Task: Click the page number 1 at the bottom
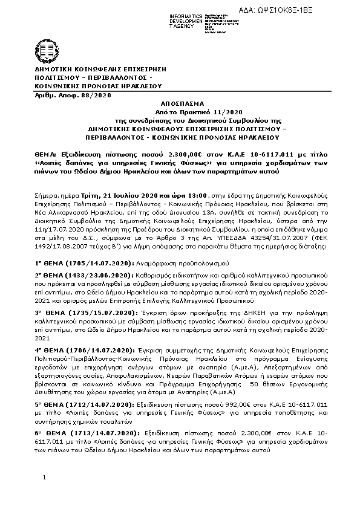click(44, 478)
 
